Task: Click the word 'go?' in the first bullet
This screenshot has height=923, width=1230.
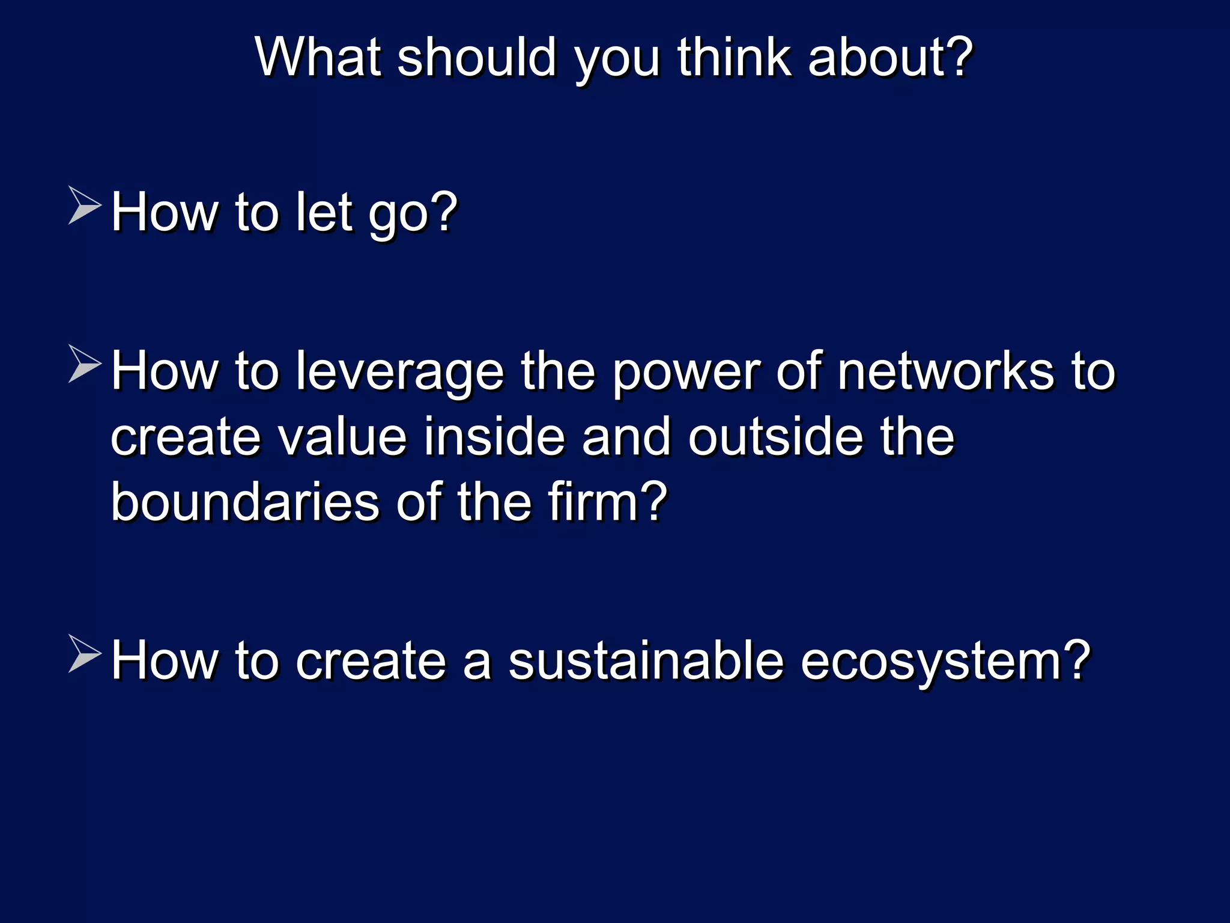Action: tap(413, 213)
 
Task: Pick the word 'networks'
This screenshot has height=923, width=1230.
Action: tap(945, 371)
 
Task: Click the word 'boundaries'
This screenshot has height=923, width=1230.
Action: tap(245, 502)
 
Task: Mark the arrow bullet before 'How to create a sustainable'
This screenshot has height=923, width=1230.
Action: tap(84, 653)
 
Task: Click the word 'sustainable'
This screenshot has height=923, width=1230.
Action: tap(646, 660)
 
